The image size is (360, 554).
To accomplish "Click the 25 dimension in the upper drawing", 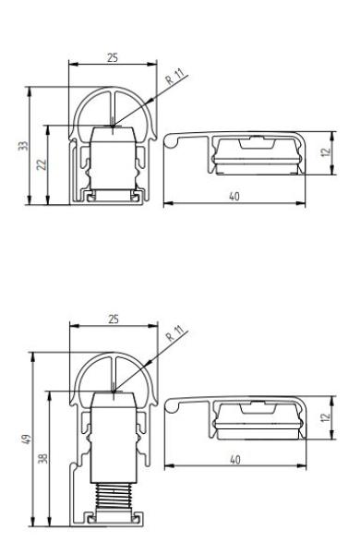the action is pyautogui.click(x=113, y=58).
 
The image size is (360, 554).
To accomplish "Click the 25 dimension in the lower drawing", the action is pyautogui.click(x=114, y=319).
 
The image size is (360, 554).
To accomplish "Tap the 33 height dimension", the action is pyautogui.click(x=23, y=146).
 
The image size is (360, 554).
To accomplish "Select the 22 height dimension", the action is pyautogui.click(x=42, y=164).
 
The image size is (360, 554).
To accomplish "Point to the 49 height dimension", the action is pyautogui.click(x=27, y=440).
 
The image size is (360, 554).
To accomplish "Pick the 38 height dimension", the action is pyautogui.click(x=43, y=459).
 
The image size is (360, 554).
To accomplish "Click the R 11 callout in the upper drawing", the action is pyautogui.click(x=175, y=77).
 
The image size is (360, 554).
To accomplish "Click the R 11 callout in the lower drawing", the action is pyautogui.click(x=175, y=333).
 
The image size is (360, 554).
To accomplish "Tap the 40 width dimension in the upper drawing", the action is pyautogui.click(x=234, y=197).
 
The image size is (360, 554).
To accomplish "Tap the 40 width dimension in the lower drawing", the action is pyautogui.click(x=235, y=460).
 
